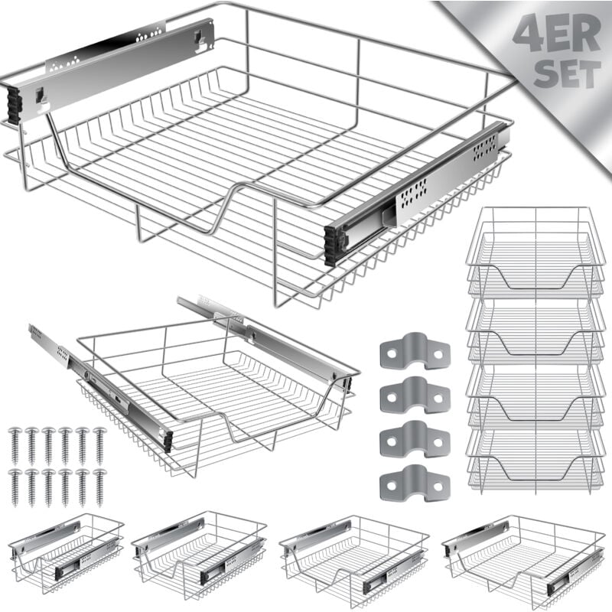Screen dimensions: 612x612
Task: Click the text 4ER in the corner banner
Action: pyautogui.click(x=557, y=34)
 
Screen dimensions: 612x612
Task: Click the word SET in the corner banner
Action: pyautogui.click(x=567, y=74)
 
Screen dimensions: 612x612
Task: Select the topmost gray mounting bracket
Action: pyautogui.click(x=415, y=351)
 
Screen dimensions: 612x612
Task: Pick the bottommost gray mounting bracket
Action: pyautogui.click(x=415, y=483)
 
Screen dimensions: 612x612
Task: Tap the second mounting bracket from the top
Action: pyautogui.click(x=415, y=395)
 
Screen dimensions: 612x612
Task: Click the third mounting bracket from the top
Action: pyautogui.click(x=415, y=439)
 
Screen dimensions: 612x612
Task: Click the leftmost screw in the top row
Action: pyautogui.click(x=15, y=446)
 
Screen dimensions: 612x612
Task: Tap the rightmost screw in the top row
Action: pyautogui.click(x=99, y=446)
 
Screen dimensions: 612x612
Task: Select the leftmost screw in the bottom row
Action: pyautogui.click(x=15, y=487)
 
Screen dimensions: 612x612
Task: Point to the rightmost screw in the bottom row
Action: pyautogui.click(x=99, y=487)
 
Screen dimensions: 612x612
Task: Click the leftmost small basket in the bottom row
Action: pyautogui.click(x=66, y=553)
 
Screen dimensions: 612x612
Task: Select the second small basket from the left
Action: pyautogui.click(x=199, y=555)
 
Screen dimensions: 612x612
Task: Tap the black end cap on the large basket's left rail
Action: pyautogui.click(x=15, y=106)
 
